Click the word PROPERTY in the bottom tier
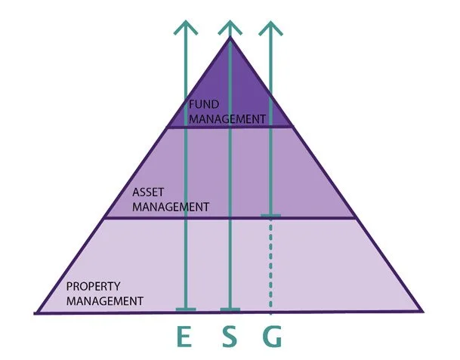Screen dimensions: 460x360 click(x=94, y=287)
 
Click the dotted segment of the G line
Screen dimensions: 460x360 click(x=271, y=264)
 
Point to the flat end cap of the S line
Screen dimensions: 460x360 click(x=230, y=309)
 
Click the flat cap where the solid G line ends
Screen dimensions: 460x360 click(x=271, y=217)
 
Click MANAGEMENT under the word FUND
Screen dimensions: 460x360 click(x=227, y=118)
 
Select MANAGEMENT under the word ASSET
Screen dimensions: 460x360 click(x=169, y=205)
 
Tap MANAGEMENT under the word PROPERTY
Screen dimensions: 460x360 click(x=105, y=300)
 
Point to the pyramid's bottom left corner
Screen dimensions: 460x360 click(x=36, y=312)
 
